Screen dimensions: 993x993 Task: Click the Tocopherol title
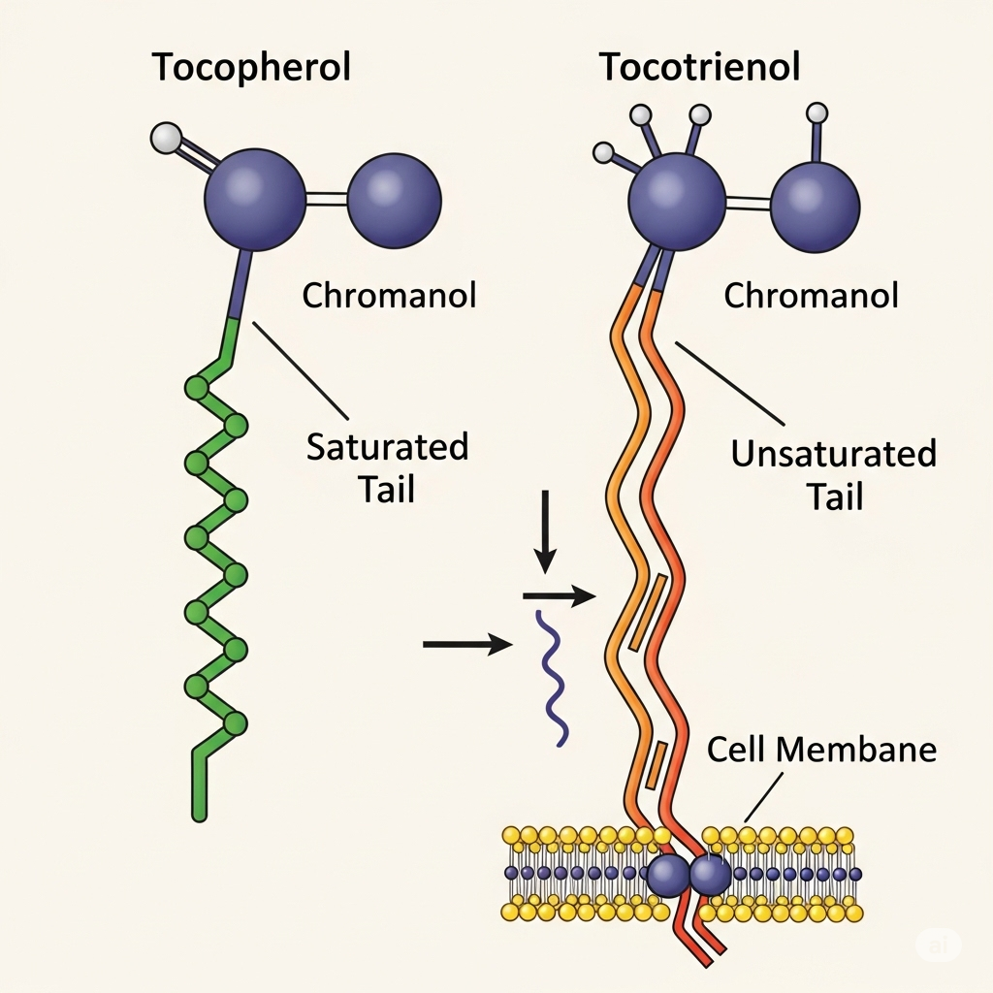click(x=251, y=68)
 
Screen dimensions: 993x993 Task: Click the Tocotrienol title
click(x=701, y=68)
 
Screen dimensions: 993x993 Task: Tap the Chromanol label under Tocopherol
click(x=389, y=295)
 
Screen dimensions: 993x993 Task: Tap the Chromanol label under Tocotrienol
click(x=812, y=295)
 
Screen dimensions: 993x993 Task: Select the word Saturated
click(x=388, y=448)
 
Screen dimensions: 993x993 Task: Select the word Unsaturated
click(x=834, y=454)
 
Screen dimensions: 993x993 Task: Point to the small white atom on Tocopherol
click(x=167, y=139)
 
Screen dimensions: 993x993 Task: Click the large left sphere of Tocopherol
click(x=255, y=200)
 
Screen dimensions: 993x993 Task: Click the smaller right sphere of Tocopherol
click(x=395, y=202)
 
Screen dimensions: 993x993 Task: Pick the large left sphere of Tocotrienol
click(x=677, y=202)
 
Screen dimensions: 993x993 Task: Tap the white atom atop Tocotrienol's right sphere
click(x=817, y=113)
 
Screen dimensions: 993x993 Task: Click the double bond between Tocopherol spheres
click(x=327, y=200)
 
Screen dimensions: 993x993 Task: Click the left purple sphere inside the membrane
click(x=667, y=875)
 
